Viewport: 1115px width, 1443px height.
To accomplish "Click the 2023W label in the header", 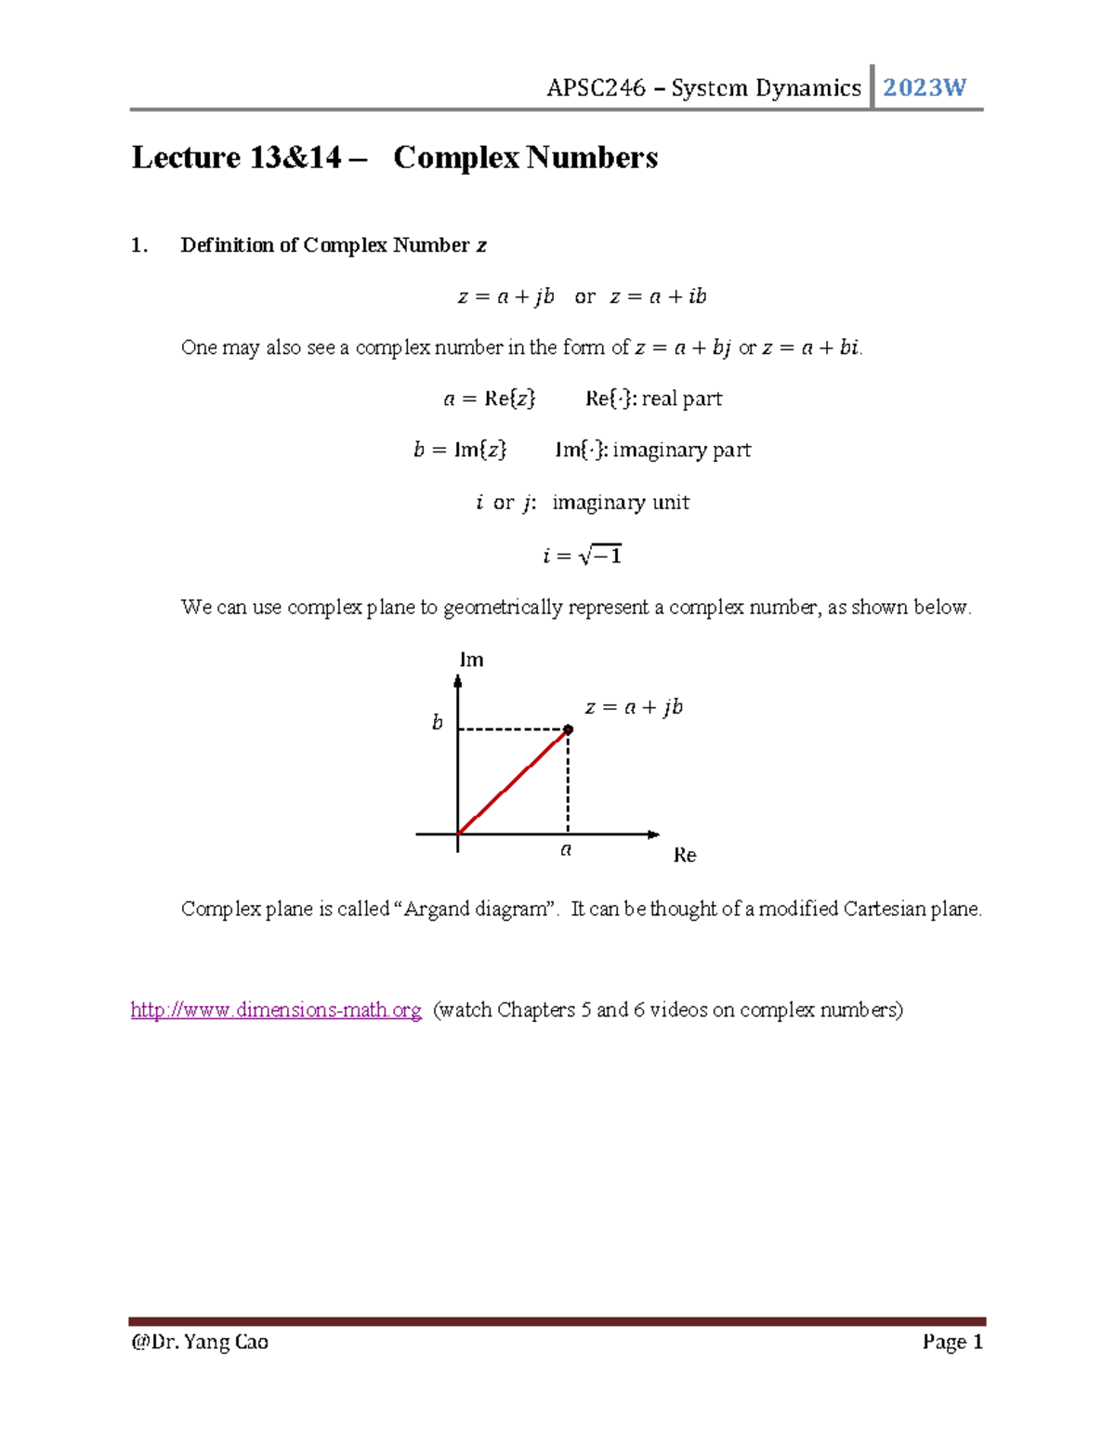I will click(x=924, y=88).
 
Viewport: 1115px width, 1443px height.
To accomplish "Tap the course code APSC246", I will click(x=596, y=88).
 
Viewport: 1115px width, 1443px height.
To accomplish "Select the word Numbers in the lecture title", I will click(x=592, y=158).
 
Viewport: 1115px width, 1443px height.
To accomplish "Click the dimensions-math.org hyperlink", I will click(x=276, y=1010).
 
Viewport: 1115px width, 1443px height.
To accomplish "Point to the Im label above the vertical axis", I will click(x=471, y=660).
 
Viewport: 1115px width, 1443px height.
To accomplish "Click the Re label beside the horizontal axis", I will click(x=685, y=855).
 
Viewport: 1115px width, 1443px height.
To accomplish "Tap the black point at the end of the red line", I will click(x=569, y=729).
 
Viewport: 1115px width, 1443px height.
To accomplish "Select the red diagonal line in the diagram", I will click(x=513, y=782).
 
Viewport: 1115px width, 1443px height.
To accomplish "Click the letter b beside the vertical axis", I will click(x=438, y=723).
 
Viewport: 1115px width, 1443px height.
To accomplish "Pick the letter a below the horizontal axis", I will click(x=566, y=849).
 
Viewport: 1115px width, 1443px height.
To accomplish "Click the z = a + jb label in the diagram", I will click(x=634, y=707).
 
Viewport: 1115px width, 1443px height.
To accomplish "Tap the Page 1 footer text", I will click(x=952, y=1342).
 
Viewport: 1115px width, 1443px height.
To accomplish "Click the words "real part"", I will click(x=682, y=399).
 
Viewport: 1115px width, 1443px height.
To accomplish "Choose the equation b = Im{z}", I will click(x=460, y=451).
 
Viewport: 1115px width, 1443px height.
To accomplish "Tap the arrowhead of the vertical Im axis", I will click(x=458, y=681).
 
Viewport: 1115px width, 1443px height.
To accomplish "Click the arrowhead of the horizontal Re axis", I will click(x=654, y=834).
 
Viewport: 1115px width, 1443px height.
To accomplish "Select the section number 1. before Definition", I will click(x=139, y=245).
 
